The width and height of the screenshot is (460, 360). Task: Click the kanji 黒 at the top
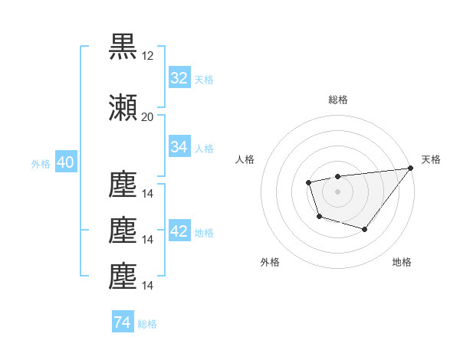pos(123,47)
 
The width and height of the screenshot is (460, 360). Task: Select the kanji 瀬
pos(123,107)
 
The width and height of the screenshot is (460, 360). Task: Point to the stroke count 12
pos(148,56)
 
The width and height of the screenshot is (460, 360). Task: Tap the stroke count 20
pos(148,116)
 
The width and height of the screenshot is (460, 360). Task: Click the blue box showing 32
pos(179,78)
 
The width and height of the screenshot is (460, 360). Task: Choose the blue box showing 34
pos(179,147)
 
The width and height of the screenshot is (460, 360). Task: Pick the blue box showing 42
pos(179,232)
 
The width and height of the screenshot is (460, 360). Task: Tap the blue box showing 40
pos(65,164)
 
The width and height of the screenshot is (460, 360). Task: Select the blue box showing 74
pos(122,323)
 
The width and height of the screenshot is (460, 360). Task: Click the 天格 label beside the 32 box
pos(204,79)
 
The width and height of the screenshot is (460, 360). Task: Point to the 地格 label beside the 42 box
pos(204,233)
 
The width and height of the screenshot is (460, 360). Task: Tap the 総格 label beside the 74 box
pos(147,324)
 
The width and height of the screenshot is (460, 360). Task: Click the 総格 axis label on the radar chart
pos(337,100)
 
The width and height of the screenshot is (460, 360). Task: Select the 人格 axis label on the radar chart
pos(245,159)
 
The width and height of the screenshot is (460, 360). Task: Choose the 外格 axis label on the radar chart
pos(270,262)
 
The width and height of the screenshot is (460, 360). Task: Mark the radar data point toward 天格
pos(410,168)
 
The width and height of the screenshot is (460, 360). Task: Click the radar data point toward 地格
pos(365,229)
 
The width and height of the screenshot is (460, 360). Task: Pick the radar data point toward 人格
pos(308,182)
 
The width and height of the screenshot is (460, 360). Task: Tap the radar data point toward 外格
pos(319,217)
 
